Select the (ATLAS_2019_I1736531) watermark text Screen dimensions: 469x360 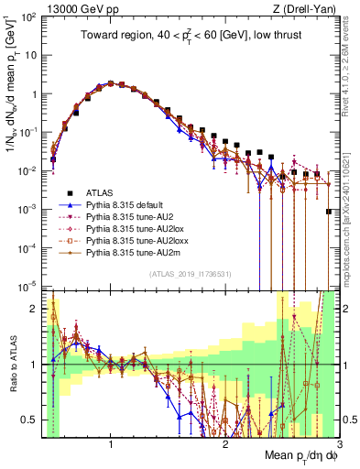pyautogui.click(x=197, y=274)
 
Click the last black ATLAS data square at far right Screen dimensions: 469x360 pyautogui.click(x=329, y=212)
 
